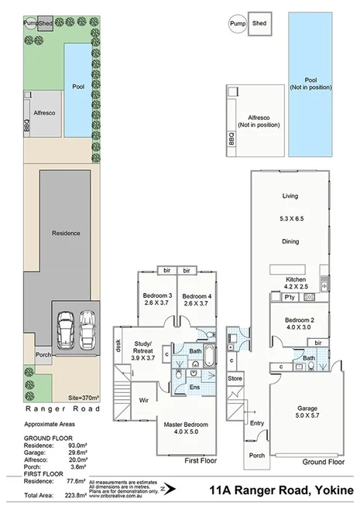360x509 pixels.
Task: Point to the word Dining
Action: tap(290, 242)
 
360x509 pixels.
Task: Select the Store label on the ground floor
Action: tap(235, 378)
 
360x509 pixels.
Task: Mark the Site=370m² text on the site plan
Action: tap(84, 396)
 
